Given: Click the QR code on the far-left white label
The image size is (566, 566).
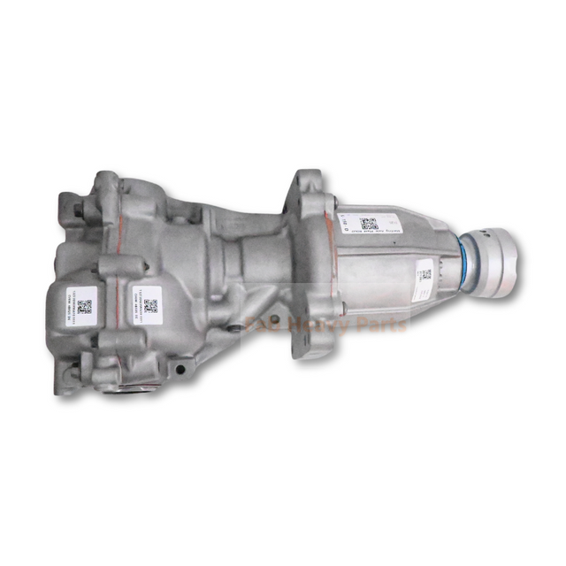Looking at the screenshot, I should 84,307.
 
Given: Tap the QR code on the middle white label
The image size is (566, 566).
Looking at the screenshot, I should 150,305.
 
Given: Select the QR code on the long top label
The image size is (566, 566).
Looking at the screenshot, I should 369,223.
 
